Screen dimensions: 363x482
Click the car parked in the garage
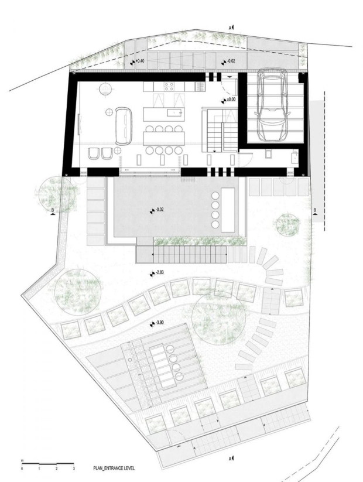tap(272, 104)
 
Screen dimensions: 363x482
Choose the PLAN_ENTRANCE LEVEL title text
tap(114, 477)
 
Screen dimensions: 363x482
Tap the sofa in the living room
tap(124, 126)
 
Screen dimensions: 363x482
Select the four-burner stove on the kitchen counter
tap(169, 86)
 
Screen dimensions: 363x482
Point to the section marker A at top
tap(231, 28)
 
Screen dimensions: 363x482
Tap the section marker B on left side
tap(53, 211)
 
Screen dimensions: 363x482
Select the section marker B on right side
tap(315, 211)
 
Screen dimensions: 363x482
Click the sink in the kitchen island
tap(174, 113)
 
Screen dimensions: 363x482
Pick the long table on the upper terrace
tap(228, 210)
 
